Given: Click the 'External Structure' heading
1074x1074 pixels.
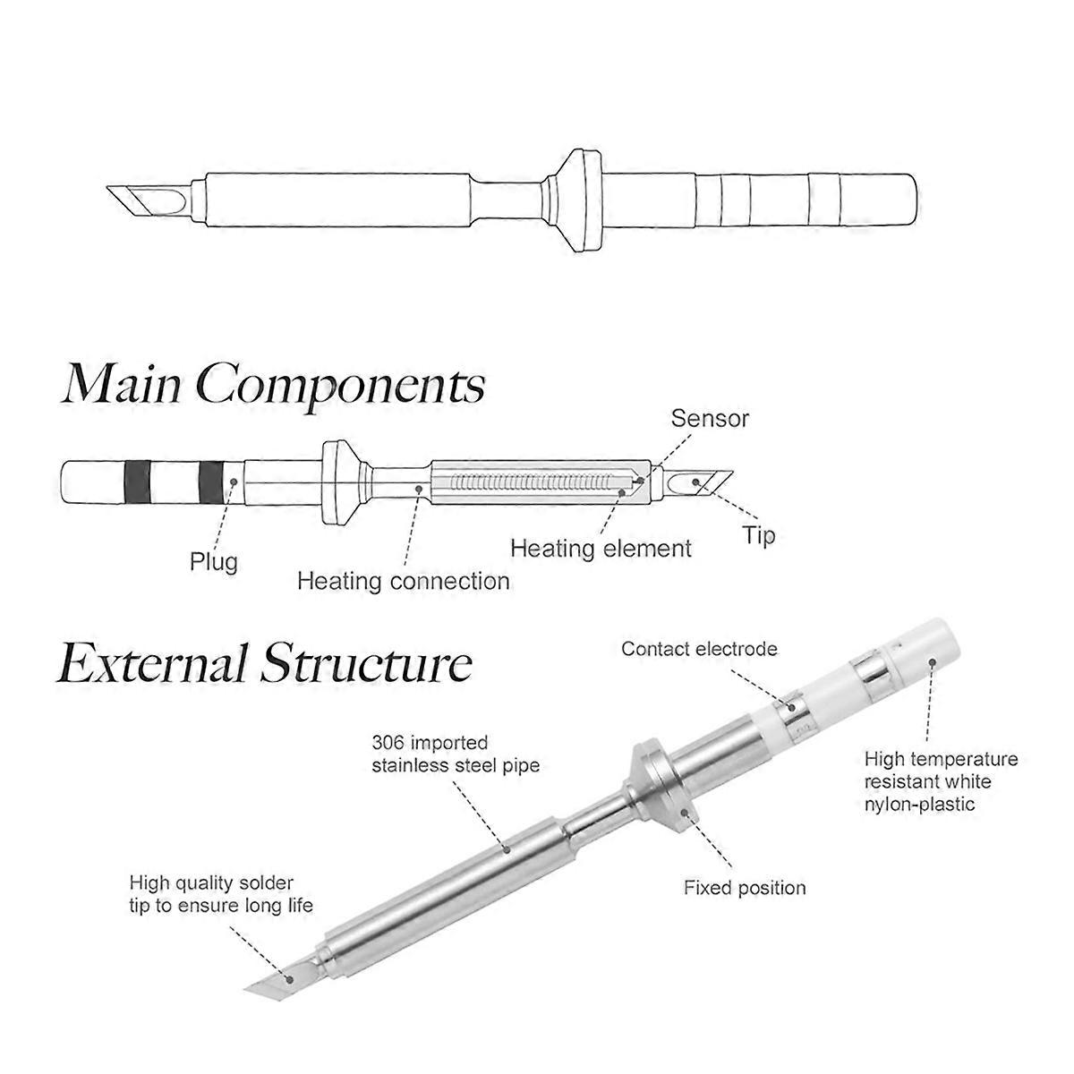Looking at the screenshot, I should [x=265, y=664].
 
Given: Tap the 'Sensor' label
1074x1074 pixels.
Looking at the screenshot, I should [x=710, y=418].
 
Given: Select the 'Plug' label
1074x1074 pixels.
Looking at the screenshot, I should [x=214, y=562].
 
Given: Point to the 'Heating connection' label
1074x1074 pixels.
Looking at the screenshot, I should [x=403, y=581].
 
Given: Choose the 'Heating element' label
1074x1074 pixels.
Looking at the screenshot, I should [x=601, y=548].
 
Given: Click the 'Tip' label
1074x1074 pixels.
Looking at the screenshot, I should [x=758, y=536].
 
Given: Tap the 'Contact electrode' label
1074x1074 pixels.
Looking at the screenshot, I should [x=699, y=649].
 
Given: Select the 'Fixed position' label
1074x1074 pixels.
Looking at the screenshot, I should [x=745, y=888].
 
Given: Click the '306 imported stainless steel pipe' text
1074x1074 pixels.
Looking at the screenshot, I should [x=456, y=754].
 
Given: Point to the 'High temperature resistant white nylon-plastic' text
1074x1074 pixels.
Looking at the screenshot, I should [x=941, y=781].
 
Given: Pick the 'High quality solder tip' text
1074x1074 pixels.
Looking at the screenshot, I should [x=222, y=894].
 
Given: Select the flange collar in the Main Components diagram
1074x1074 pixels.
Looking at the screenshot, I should [x=339, y=483].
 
